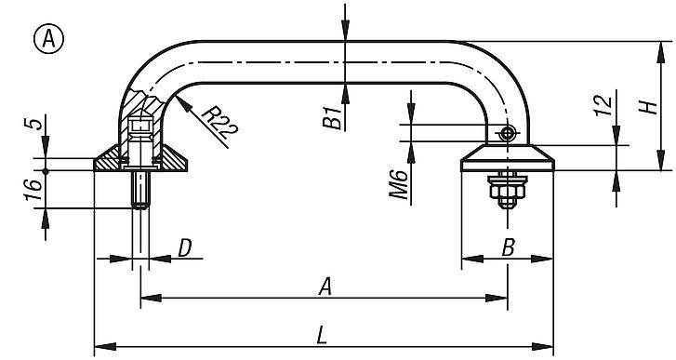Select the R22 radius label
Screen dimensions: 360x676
[x=218, y=123]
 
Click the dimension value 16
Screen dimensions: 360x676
[x=33, y=190]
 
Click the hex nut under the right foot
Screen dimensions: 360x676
[x=507, y=195]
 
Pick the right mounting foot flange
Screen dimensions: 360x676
[x=508, y=158]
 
